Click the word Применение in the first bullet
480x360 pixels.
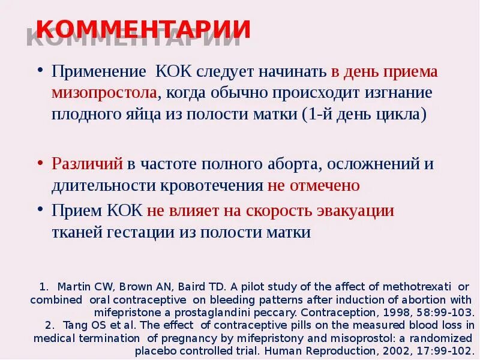tap(99, 72)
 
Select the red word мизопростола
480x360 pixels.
tap(105, 94)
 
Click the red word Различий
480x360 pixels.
tap(87, 164)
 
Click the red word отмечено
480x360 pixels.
tap(325, 185)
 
